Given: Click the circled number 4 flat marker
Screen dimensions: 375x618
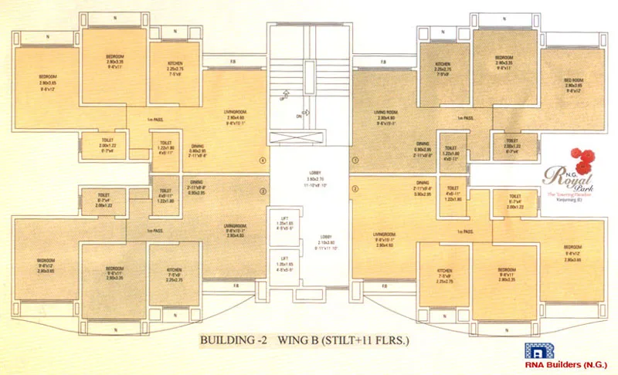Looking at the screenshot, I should click(x=263, y=160).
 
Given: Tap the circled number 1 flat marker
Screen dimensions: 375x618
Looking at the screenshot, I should click(x=355, y=160).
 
